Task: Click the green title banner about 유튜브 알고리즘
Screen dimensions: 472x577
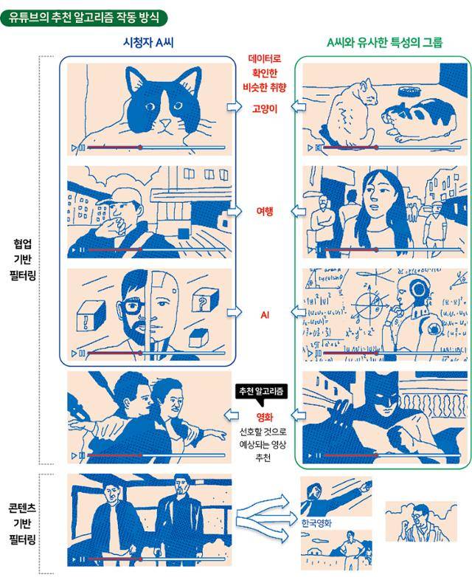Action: tap(84, 18)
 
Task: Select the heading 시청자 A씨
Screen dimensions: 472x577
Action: tap(148, 43)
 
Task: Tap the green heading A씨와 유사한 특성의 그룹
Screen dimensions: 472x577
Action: tap(384, 43)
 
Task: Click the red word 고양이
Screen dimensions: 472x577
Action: tap(265, 109)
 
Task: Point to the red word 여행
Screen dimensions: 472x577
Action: tap(265, 211)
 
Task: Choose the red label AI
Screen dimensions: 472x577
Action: tap(265, 315)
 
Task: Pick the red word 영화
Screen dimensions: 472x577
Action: tap(265, 417)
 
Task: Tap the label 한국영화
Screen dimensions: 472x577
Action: tap(316, 523)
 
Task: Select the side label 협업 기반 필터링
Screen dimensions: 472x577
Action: tap(23, 260)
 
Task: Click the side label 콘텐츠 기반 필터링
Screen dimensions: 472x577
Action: tap(23, 524)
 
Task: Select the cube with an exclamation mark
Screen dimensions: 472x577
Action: tap(90, 316)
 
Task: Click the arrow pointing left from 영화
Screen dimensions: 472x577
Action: tap(232, 416)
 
